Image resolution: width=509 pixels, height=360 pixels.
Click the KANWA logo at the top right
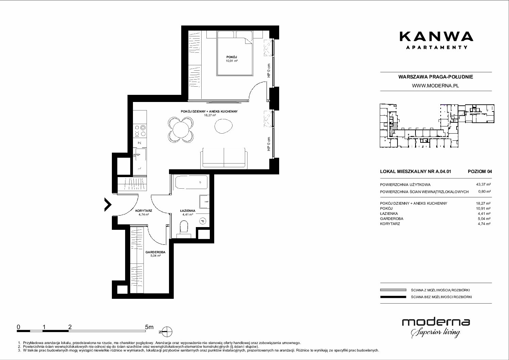pos(436,40)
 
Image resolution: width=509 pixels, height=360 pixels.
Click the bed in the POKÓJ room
pos(235,53)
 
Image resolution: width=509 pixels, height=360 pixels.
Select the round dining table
pos(181,130)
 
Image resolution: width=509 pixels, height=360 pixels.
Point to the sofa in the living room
pos(224,158)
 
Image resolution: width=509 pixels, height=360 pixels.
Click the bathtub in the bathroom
pos(191,182)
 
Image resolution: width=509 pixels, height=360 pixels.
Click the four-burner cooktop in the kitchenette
pos(140,131)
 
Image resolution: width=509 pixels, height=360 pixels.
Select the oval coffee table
pos(224,126)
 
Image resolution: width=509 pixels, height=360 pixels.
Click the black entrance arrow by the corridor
pos(108,205)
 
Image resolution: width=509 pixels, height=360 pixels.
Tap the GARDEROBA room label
pos(155,252)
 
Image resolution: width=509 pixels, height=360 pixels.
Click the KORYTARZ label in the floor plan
pos(143,211)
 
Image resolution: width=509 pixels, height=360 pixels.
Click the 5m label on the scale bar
pos(149,327)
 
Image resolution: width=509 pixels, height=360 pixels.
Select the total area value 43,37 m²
pos(483,185)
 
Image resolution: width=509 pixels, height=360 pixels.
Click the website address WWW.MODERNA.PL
pos(435,86)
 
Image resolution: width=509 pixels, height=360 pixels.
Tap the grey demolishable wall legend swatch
pos(393,290)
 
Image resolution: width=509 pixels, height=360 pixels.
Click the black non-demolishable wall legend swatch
pos(393,297)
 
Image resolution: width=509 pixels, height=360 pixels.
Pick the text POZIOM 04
pos(480,171)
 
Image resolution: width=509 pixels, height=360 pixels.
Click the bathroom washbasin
pos(204,202)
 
